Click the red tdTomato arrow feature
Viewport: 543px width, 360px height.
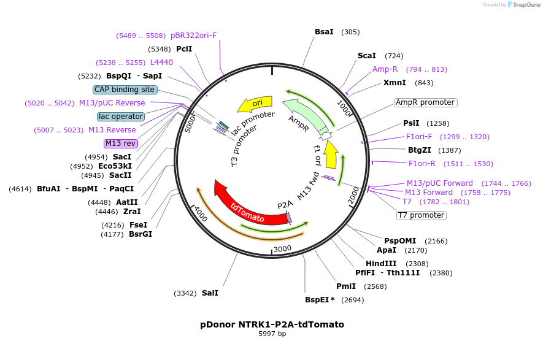pos(245,209)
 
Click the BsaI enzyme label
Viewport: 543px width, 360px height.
pos(324,32)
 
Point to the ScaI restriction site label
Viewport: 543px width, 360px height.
pos(366,56)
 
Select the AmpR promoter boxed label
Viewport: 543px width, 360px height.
pos(425,102)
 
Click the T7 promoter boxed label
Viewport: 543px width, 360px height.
pos(421,215)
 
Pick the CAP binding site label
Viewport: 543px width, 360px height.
pos(125,90)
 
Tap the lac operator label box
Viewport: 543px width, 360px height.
pos(121,117)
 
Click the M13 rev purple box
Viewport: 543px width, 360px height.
pos(120,144)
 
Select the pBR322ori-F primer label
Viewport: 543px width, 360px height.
pos(194,36)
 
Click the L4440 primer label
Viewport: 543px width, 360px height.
pos(161,63)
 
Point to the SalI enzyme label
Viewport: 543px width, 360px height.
pos(210,293)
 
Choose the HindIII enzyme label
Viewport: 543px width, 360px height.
pos(381,264)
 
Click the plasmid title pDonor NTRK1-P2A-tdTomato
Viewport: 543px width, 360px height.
pos(272,324)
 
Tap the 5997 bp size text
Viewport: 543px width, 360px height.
pos(272,334)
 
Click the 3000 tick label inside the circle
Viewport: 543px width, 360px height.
pos(282,248)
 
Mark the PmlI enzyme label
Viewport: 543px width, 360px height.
pos(345,286)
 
